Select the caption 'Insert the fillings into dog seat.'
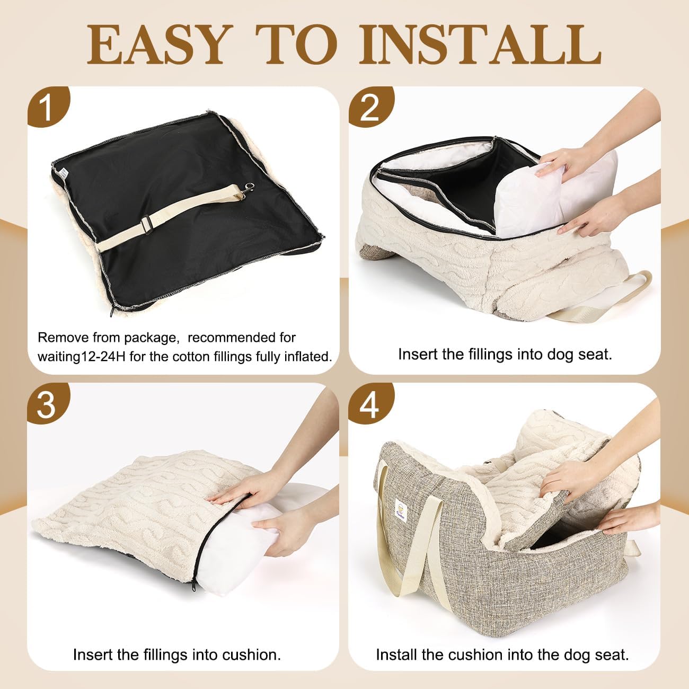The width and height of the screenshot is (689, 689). (505, 354)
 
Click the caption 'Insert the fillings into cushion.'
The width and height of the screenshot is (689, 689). (176, 655)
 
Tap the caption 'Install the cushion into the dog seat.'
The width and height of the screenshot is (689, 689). (502, 655)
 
